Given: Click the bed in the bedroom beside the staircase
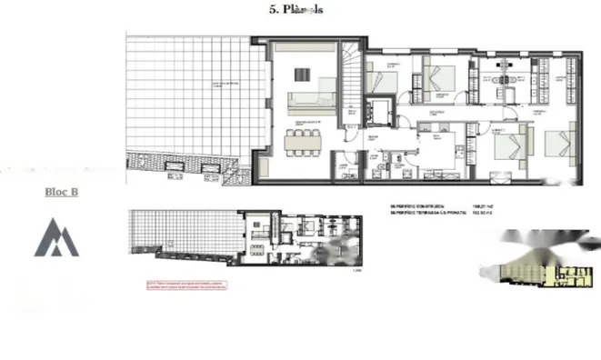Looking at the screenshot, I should pos(383,79).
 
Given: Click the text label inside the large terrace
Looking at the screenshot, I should pos(227,85).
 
